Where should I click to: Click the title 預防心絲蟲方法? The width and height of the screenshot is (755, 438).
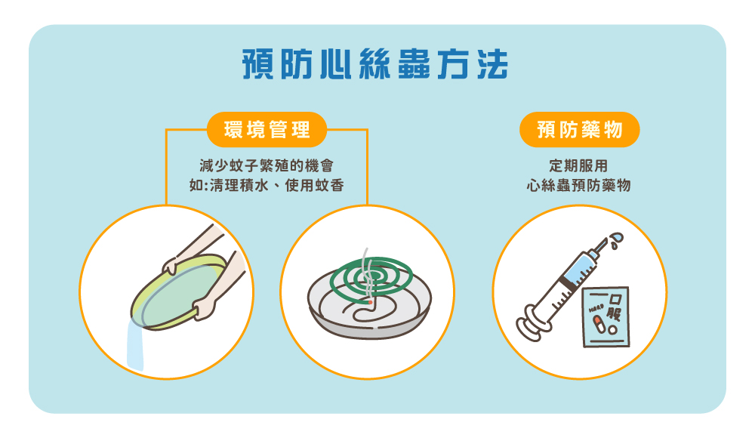375,64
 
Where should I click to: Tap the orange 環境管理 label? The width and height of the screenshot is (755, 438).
267,130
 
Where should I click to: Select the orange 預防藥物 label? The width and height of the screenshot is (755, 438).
579,130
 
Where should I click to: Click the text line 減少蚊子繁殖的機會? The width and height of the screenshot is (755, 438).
267,165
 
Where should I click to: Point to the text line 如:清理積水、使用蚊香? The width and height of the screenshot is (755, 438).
267,186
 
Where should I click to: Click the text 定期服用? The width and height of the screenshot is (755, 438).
579,165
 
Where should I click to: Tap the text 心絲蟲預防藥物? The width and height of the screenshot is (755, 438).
579,186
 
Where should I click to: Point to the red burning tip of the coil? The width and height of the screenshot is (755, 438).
369,302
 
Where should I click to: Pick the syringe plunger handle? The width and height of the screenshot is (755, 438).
532,324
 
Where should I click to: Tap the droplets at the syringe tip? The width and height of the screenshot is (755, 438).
616,240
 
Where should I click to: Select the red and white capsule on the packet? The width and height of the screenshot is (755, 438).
599,323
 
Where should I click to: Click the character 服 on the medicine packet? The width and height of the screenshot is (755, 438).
615,314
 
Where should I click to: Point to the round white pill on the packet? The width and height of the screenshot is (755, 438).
612,330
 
